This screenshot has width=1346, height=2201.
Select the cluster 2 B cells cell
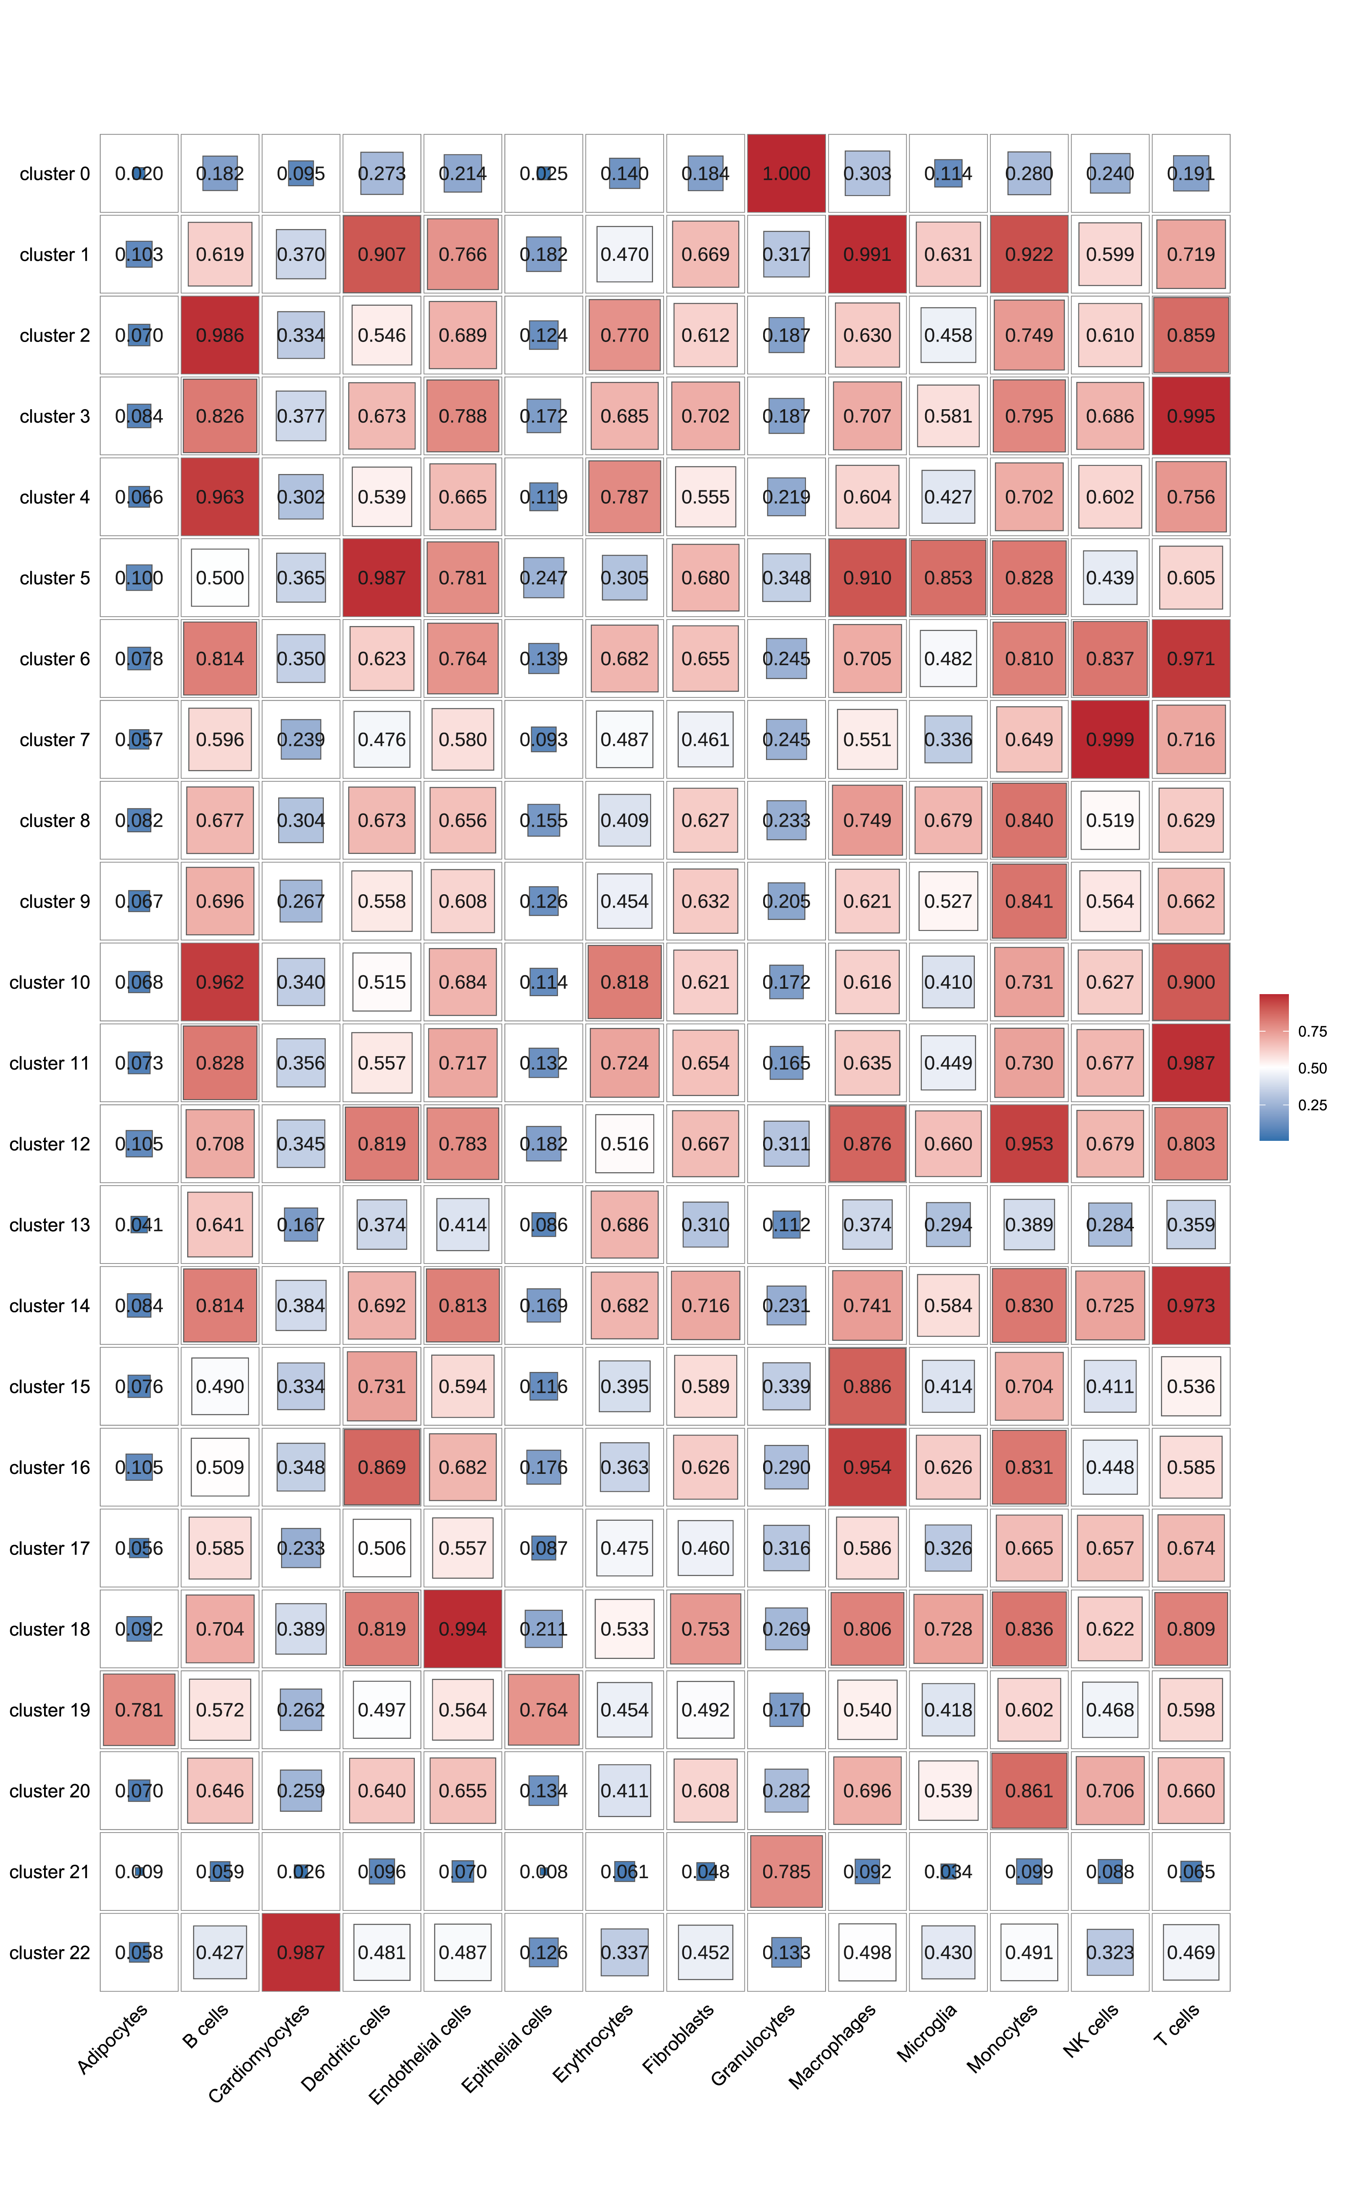coord(220,335)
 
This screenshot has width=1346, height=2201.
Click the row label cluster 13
coord(50,1225)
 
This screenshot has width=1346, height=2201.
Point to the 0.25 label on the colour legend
coord(1312,1105)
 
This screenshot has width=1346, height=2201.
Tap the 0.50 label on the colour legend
coord(1312,1068)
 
